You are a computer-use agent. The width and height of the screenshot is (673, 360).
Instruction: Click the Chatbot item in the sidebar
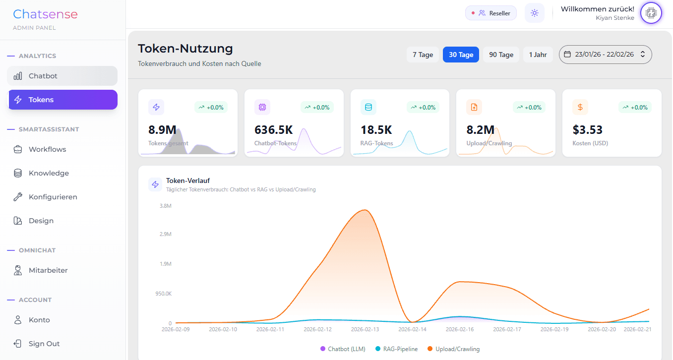pyautogui.click(x=43, y=76)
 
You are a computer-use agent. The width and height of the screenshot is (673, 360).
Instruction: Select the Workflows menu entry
pyautogui.click(x=47, y=149)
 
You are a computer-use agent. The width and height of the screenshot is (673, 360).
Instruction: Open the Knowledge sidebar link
pyautogui.click(x=49, y=173)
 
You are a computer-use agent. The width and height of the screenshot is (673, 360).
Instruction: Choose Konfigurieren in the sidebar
pyautogui.click(x=53, y=197)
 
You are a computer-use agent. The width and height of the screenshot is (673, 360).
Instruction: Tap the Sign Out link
pyautogui.click(x=44, y=344)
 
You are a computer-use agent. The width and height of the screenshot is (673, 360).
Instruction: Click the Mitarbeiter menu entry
pyautogui.click(x=48, y=270)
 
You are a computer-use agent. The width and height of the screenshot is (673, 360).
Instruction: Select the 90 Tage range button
pyautogui.click(x=501, y=55)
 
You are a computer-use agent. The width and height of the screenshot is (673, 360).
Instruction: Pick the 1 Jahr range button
pyautogui.click(x=538, y=55)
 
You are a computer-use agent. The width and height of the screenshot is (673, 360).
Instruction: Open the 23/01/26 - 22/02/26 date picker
pyautogui.click(x=605, y=55)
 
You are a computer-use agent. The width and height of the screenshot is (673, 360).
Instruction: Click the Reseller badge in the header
pyautogui.click(x=491, y=13)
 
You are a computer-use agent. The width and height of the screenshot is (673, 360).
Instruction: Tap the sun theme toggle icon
pyautogui.click(x=534, y=13)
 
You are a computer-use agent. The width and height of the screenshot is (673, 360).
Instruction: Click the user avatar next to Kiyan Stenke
pyautogui.click(x=651, y=13)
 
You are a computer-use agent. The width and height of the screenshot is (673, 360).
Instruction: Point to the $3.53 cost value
pyautogui.click(x=587, y=130)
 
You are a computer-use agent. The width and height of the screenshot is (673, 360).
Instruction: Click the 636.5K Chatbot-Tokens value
pyautogui.click(x=273, y=130)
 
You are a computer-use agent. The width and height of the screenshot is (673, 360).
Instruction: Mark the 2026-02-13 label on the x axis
pyautogui.click(x=365, y=329)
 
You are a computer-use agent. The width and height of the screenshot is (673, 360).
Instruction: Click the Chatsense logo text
pyautogui.click(x=45, y=14)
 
